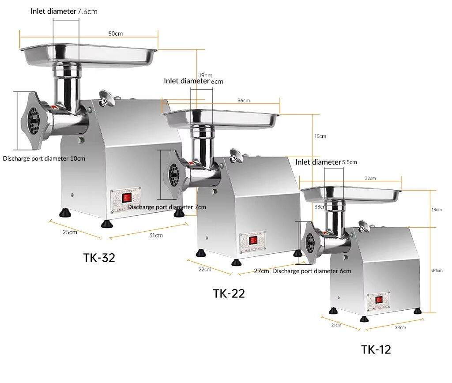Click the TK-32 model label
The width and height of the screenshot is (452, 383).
99,258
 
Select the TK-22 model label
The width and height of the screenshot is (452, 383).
229,293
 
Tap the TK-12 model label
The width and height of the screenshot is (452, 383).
376,349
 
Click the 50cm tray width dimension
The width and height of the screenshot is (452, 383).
116,34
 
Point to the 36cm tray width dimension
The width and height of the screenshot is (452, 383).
244,101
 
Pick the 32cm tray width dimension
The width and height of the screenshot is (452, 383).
370,178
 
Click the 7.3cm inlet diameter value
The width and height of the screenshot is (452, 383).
87,11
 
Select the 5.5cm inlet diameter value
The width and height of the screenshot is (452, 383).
349,162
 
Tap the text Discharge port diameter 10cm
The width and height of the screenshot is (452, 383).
44,158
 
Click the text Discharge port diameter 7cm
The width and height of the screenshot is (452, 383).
166,207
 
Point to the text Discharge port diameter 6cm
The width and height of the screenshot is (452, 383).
312,271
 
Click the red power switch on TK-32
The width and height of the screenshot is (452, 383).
127,198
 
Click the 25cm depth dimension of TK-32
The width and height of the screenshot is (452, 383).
70,232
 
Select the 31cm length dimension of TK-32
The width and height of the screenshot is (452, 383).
155,235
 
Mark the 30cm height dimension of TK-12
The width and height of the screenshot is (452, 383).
437,270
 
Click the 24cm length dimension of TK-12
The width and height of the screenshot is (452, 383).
400,327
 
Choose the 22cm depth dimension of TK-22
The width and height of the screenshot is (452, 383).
205,269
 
